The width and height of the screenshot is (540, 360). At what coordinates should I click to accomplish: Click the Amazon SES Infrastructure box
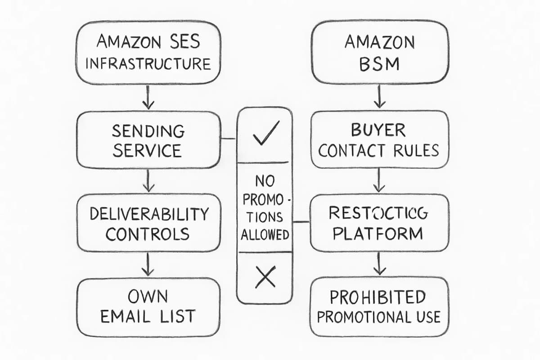point(148,53)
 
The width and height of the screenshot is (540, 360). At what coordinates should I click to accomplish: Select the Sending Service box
point(148,140)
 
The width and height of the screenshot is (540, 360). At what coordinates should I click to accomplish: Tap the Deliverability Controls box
point(148,223)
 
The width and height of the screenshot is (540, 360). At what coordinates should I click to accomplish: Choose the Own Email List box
point(148,307)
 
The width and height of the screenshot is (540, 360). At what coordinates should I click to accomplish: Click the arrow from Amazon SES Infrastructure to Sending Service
point(148,97)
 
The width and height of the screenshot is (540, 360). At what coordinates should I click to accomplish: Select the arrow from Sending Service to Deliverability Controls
point(148,181)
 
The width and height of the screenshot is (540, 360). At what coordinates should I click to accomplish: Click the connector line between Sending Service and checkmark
point(229,139)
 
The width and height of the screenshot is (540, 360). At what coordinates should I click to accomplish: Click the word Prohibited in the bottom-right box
point(378,297)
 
